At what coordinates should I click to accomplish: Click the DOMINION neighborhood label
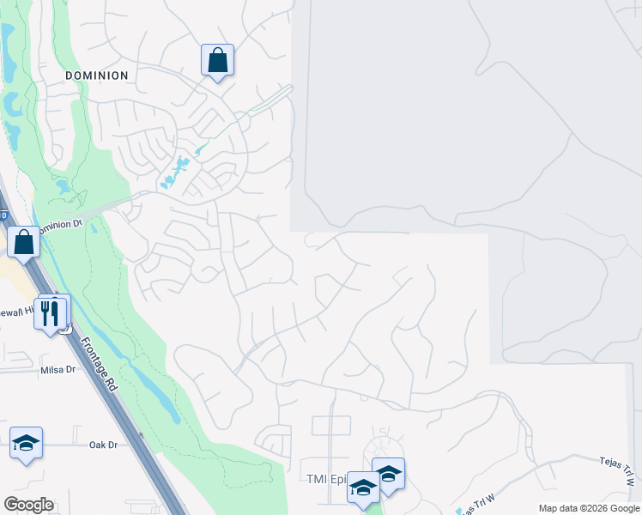tap(97, 76)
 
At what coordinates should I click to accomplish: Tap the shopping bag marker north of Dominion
tap(217, 61)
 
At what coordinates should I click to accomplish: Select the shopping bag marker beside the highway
tap(24, 242)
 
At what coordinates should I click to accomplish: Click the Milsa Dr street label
tap(58, 369)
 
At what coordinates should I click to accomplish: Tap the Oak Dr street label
tap(102, 445)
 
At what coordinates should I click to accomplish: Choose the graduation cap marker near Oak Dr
tap(26, 444)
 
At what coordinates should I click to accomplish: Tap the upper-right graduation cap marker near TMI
tap(388, 474)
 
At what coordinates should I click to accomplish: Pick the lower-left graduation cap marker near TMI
tap(363, 488)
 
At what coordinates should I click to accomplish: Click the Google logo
tap(28, 504)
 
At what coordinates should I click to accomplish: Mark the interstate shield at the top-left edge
tap(3, 215)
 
